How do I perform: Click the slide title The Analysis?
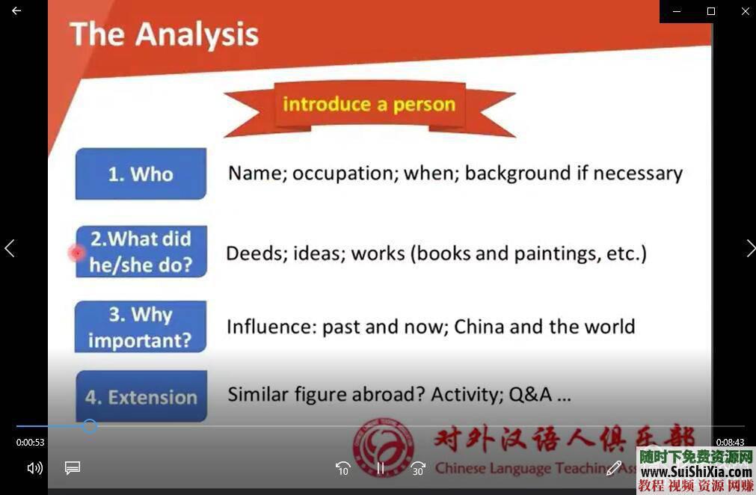tap(164, 34)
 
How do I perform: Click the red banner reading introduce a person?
tap(369, 104)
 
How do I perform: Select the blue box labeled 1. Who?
tap(141, 173)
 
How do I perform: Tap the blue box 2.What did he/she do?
tap(141, 252)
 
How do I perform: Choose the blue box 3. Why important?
tap(141, 327)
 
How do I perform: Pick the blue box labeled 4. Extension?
tap(141, 396)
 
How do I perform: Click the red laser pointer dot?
tap(76, 253)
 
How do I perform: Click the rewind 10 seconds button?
tap(342, 468)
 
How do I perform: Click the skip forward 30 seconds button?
tap(417, 468)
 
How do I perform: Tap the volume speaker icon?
tap(34, 468)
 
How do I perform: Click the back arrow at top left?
tap(16, 11)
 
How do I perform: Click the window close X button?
tap(745, 11)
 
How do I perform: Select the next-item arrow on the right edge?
tap(749, 248)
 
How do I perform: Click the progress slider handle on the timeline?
tap(90, 426)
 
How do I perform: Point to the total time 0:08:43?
tap(730, 443)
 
